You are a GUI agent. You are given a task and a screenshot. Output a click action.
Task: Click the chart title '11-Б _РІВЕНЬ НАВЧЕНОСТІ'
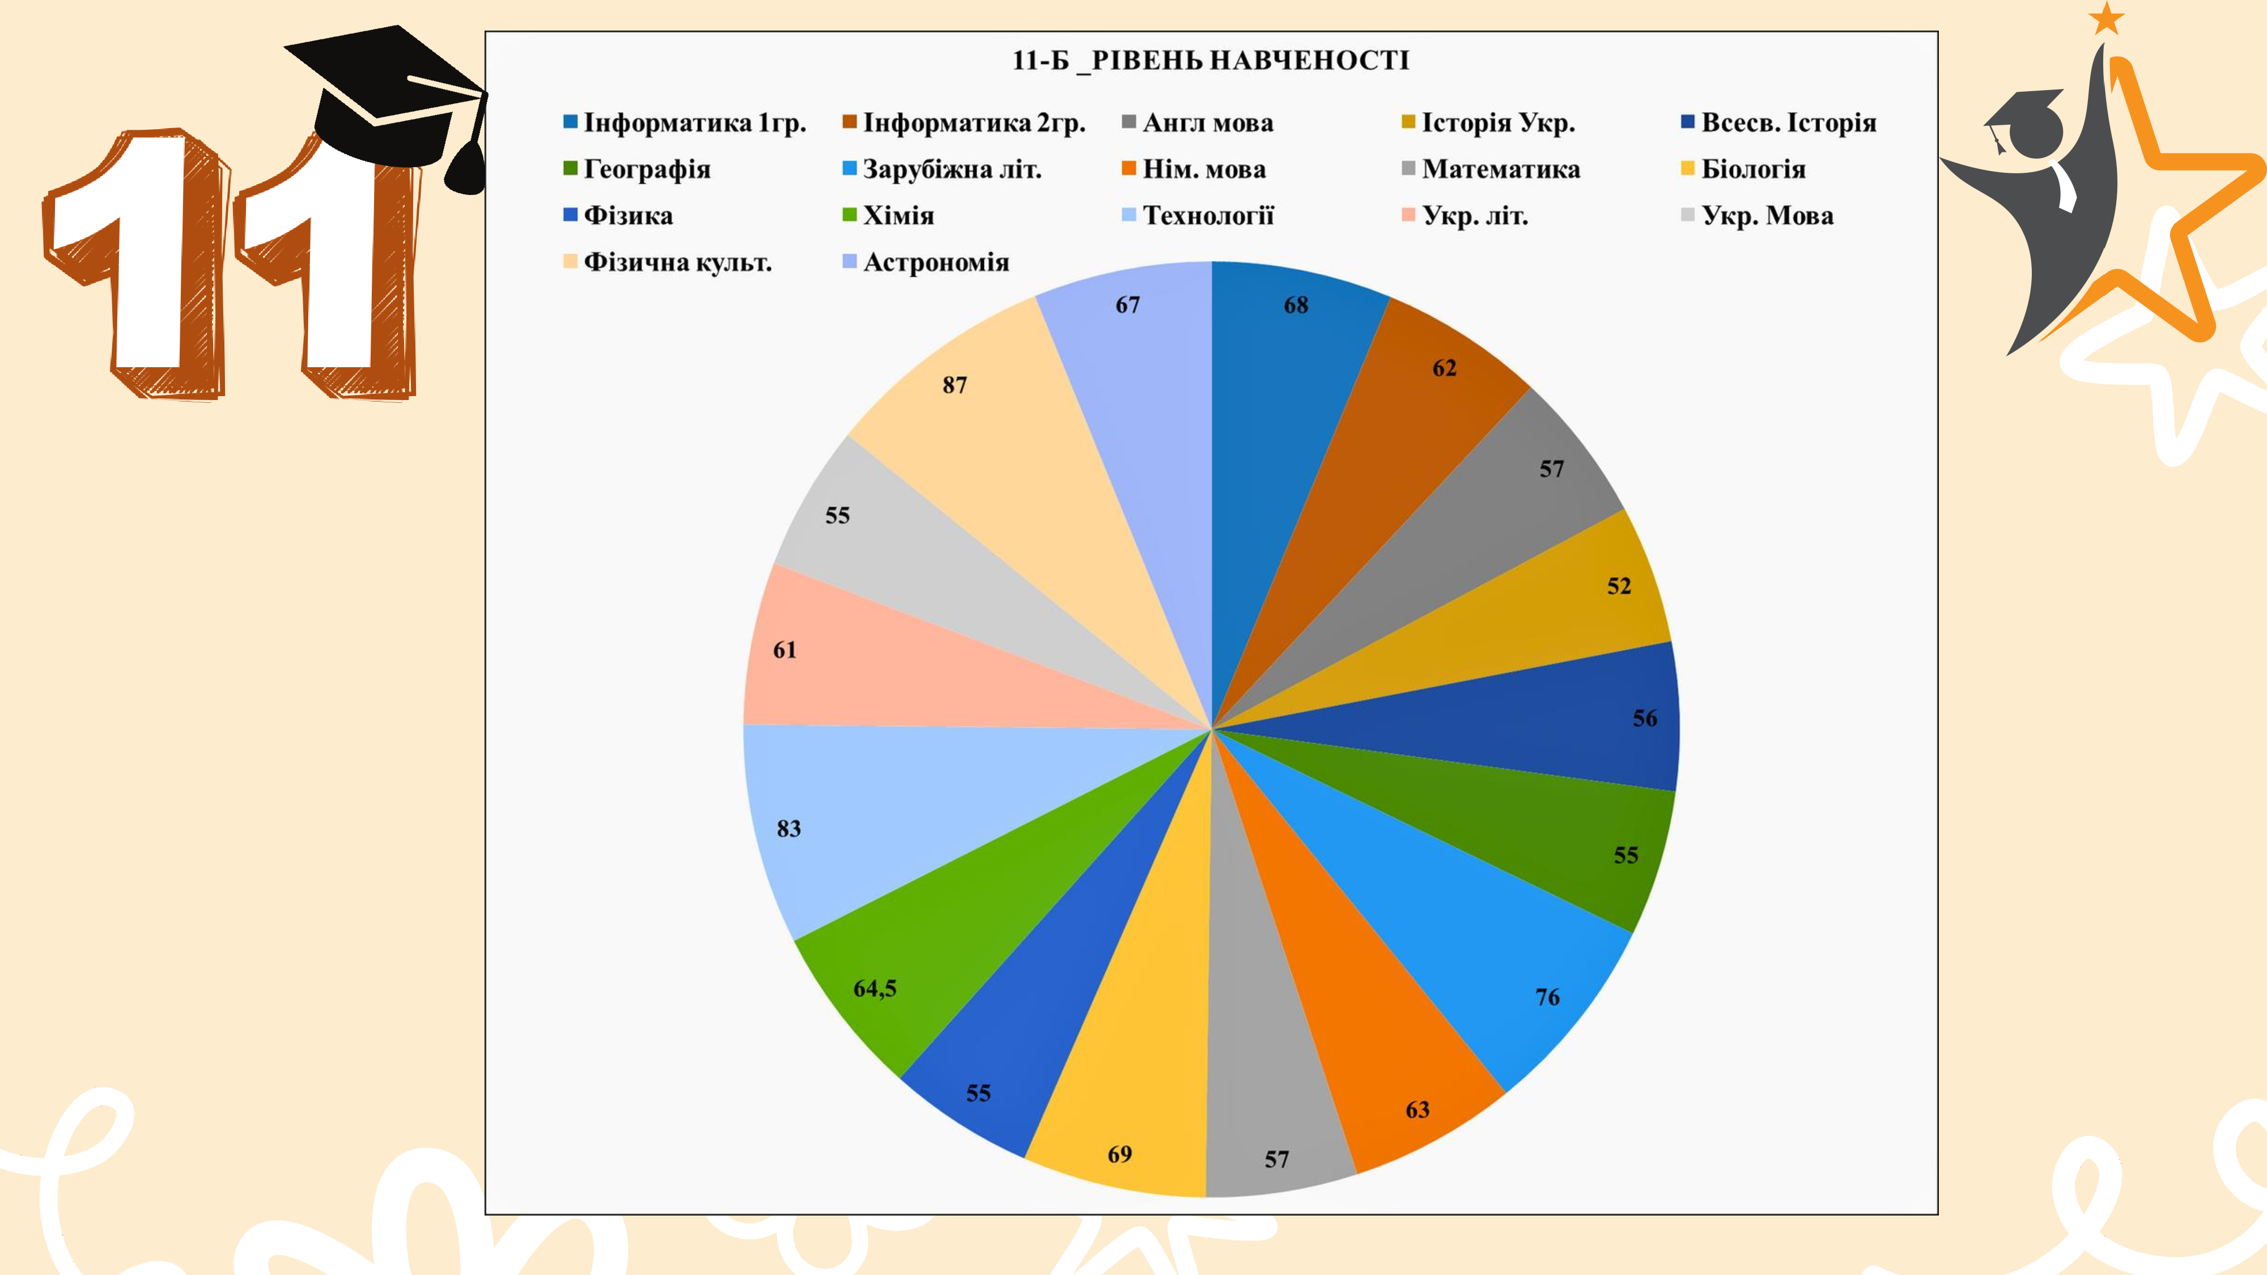(x=1210, y=60)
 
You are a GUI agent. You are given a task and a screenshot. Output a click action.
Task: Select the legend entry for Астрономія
(x=935, y=262)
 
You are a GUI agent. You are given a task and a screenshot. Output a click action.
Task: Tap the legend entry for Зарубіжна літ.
(x=950, y=169)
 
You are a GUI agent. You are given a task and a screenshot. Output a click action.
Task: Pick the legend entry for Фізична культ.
(x=677, y=262)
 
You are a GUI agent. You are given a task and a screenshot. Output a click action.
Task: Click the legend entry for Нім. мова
(x=1203, y=169)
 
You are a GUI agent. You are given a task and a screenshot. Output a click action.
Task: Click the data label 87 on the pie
(x=955, y=385)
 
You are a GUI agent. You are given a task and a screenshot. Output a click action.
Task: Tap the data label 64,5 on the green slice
(x=874, y=988)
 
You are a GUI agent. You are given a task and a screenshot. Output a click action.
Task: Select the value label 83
(x=788, y=829)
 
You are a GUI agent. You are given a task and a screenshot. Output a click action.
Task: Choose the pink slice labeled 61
(x=880, y=669)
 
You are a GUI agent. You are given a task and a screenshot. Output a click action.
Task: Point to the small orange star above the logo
(x=2106, y=18)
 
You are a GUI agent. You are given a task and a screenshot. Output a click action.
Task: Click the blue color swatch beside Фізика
(x=570, y=215)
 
